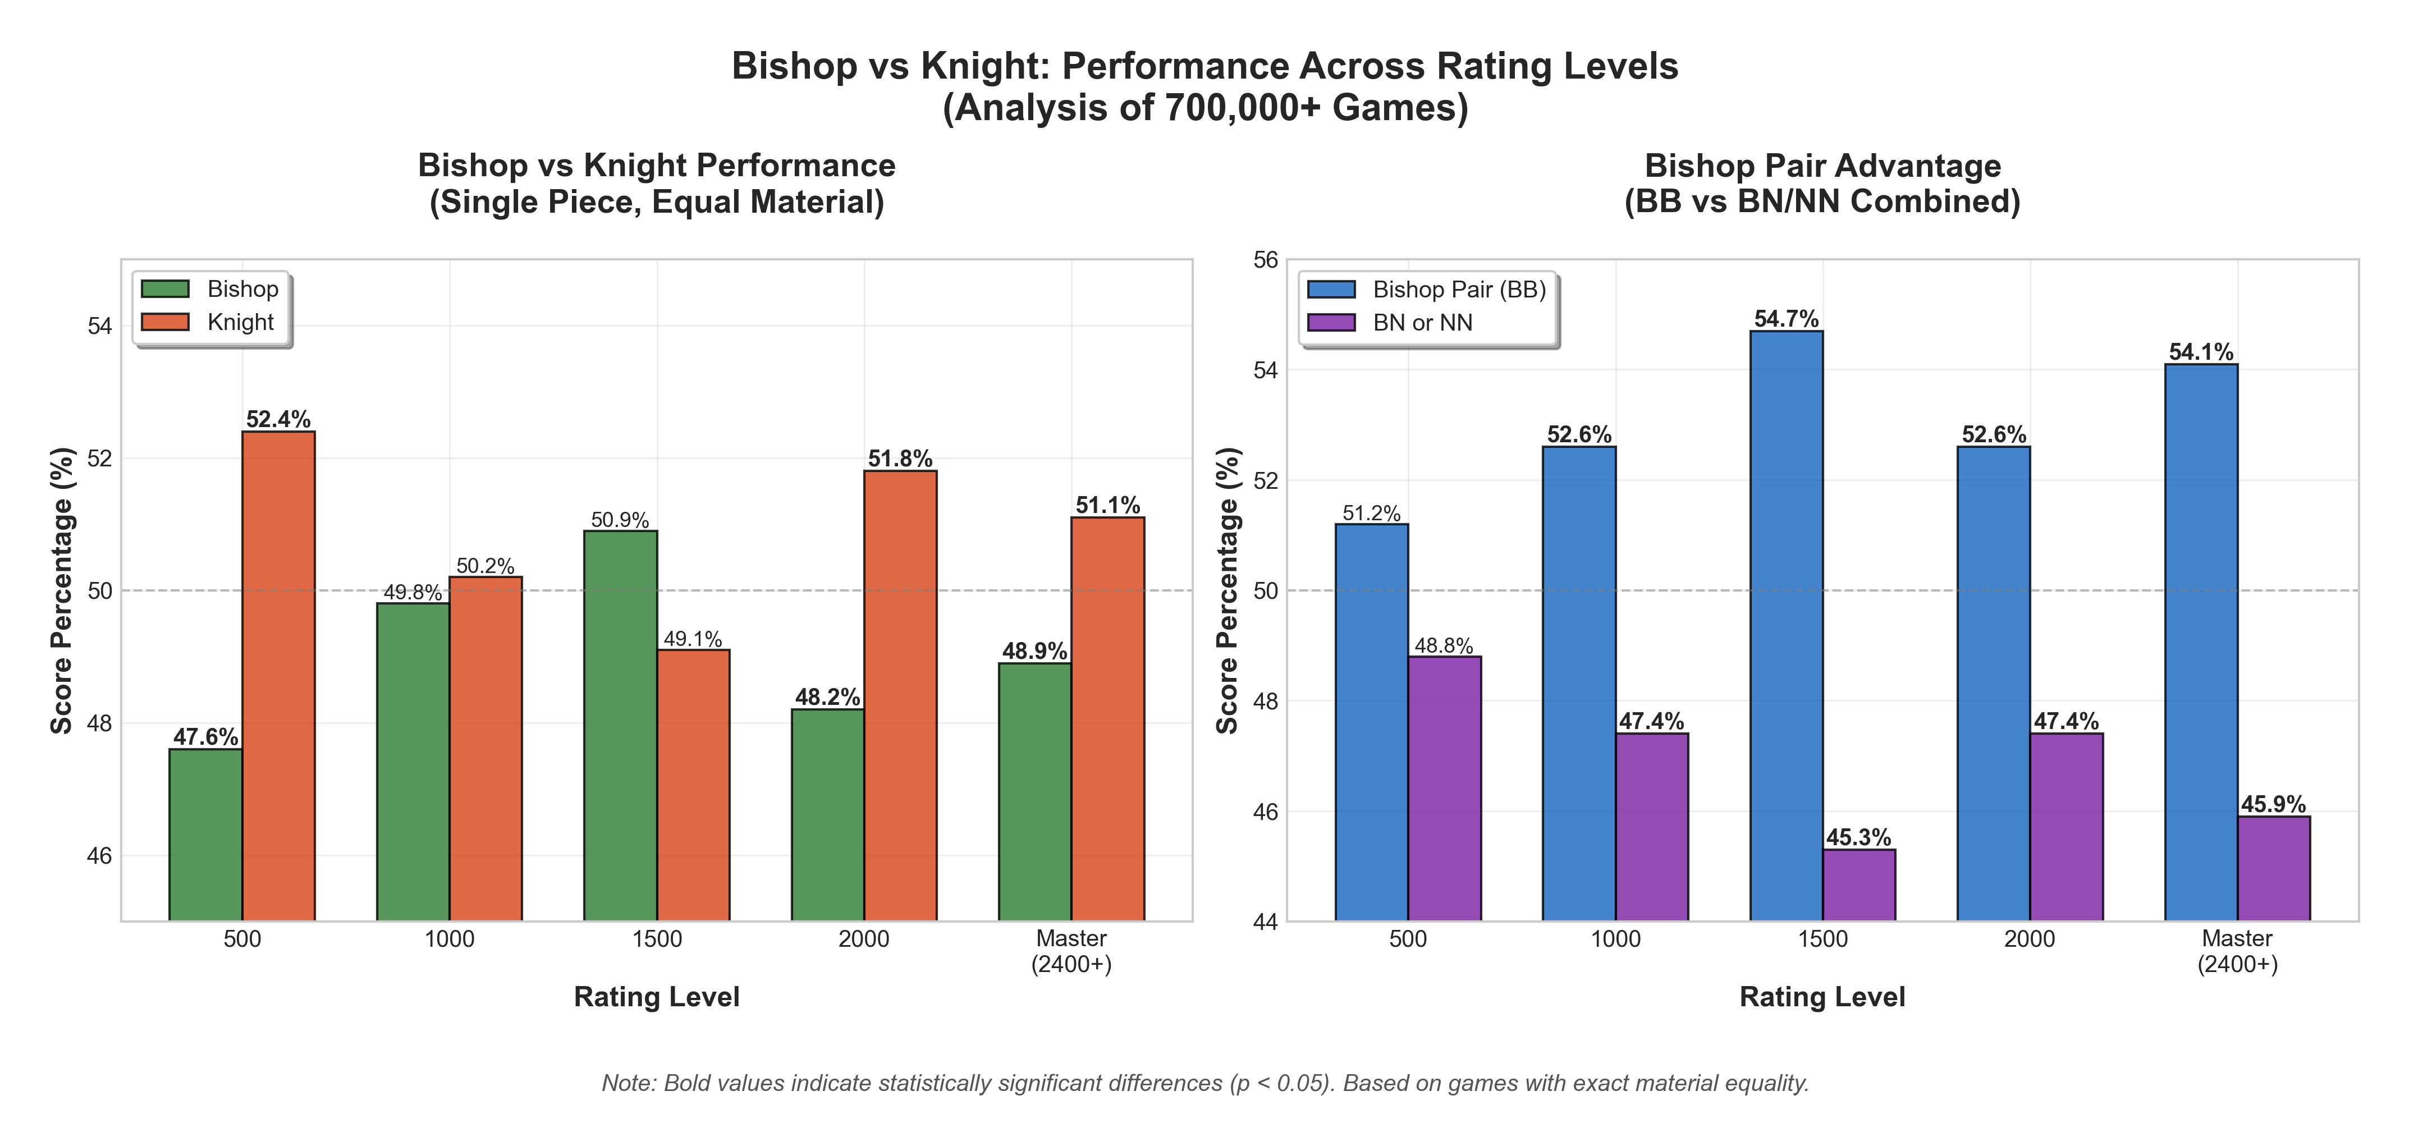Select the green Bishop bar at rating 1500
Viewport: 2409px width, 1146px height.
click(x=620, y=725)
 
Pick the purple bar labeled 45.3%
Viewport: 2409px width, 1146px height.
click(x=1858, y=884)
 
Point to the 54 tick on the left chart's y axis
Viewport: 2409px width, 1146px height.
click(x=99, y=326)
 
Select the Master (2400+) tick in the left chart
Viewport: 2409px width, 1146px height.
click(x=1071, y=951)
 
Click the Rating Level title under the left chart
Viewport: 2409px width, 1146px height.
click(x=657, y=997)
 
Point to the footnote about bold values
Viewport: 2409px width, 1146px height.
click(x=1204, y=1083)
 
